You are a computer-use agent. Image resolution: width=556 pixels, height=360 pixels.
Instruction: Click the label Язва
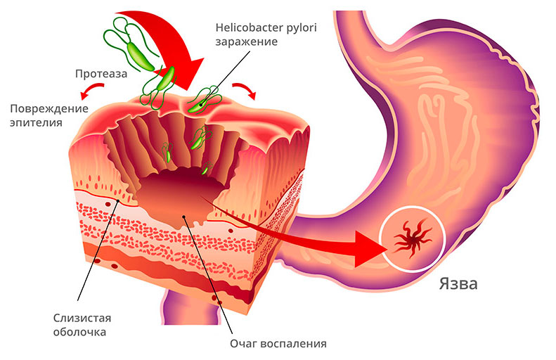click(458, 285)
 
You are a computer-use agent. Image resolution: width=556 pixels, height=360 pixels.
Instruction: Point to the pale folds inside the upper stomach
click(450, 120)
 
